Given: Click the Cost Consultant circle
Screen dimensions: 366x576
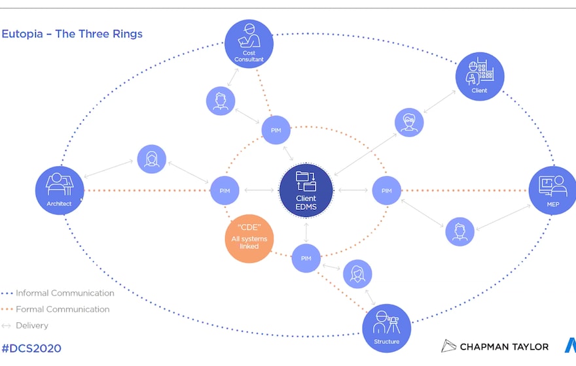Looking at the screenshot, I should tap(249, 43).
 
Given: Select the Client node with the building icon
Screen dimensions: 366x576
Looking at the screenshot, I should tap(480, 76).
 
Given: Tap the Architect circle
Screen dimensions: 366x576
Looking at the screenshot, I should tap(60, 190).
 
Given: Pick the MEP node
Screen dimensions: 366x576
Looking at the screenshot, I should tap(552, 190).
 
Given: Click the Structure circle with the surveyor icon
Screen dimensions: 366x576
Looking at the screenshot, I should tap(387, 328).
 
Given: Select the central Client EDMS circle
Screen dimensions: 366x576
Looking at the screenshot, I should tap(306, 190).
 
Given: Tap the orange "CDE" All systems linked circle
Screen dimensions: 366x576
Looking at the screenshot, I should tap(249, 239).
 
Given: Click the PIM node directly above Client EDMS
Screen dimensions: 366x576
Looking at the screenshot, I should tap(276, 129).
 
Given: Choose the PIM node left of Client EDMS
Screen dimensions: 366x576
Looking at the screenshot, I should tap(225, 190).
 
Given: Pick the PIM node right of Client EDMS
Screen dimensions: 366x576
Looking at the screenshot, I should tap(386, 190).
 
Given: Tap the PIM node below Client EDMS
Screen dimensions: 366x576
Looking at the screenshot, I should tap(306, 258).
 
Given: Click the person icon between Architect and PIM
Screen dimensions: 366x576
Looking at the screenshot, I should tap(151, 159).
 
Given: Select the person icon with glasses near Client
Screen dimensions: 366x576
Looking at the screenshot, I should tap(409, 122).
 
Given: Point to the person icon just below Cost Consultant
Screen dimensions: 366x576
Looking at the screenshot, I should tap(220, 101).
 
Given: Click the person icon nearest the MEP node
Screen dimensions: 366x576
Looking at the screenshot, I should tap(459, 231).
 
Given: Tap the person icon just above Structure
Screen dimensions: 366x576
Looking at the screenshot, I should tap(357, 274).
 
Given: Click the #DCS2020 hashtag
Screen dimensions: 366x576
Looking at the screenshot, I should tap(31, 348).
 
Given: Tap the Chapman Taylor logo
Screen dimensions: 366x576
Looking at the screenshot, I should tap(495, 346).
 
